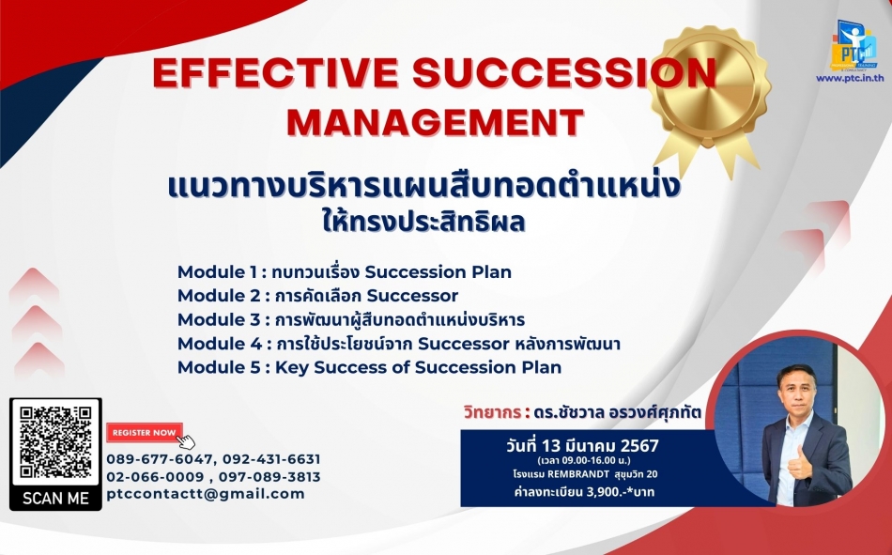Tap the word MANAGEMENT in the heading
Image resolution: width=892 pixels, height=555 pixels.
[436, 121]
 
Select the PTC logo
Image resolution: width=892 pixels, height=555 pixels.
[854, 45]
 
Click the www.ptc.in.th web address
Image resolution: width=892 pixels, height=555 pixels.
[850, 78]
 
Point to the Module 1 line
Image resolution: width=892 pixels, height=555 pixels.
[345, 272]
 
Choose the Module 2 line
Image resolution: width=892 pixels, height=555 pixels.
[317, 296]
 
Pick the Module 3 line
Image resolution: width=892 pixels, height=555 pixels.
[351, 319]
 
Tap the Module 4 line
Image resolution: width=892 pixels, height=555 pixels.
[399, 344]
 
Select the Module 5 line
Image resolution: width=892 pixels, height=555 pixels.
[369, 368]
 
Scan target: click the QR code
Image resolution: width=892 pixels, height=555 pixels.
[55, 442]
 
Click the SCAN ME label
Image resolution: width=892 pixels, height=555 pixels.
[55, 499]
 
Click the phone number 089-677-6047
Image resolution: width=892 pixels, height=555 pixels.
[160, 459]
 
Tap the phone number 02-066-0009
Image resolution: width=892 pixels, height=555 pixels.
[155, 477]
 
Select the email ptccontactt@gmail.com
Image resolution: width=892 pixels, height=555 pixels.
[206, 494]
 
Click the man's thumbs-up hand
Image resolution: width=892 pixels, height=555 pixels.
[799, 463]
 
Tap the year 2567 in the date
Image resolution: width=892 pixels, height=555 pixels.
[639, 445]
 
